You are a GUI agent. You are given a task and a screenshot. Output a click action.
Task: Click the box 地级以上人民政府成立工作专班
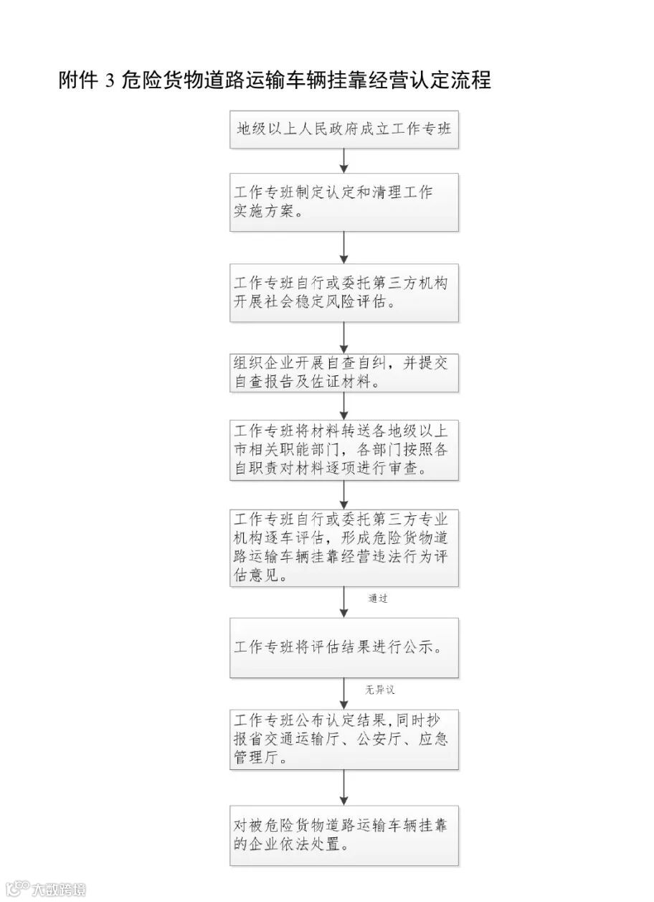pos(343,130)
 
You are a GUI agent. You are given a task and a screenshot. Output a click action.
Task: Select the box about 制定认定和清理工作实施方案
pos(343,202)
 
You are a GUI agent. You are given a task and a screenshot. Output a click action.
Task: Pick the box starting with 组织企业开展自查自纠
pos(343,372)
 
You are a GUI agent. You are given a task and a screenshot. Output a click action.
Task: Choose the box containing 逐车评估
pos(343,548)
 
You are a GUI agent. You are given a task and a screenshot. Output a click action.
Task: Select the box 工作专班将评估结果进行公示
pos(343,647)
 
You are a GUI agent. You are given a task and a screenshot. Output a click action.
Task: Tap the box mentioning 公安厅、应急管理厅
pos(343,739)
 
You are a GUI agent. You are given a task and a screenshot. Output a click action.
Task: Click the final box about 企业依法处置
pos(343,835)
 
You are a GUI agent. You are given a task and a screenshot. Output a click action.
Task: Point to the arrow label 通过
pos(378,598)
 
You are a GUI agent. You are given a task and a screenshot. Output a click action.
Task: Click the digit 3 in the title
pos(110,80)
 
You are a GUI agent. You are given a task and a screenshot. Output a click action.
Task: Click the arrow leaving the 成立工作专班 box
pos(344,161)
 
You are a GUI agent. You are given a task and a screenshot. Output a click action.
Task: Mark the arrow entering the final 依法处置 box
pos(344,787)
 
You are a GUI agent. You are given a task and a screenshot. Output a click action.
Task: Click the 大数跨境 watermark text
pos(59,890)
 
